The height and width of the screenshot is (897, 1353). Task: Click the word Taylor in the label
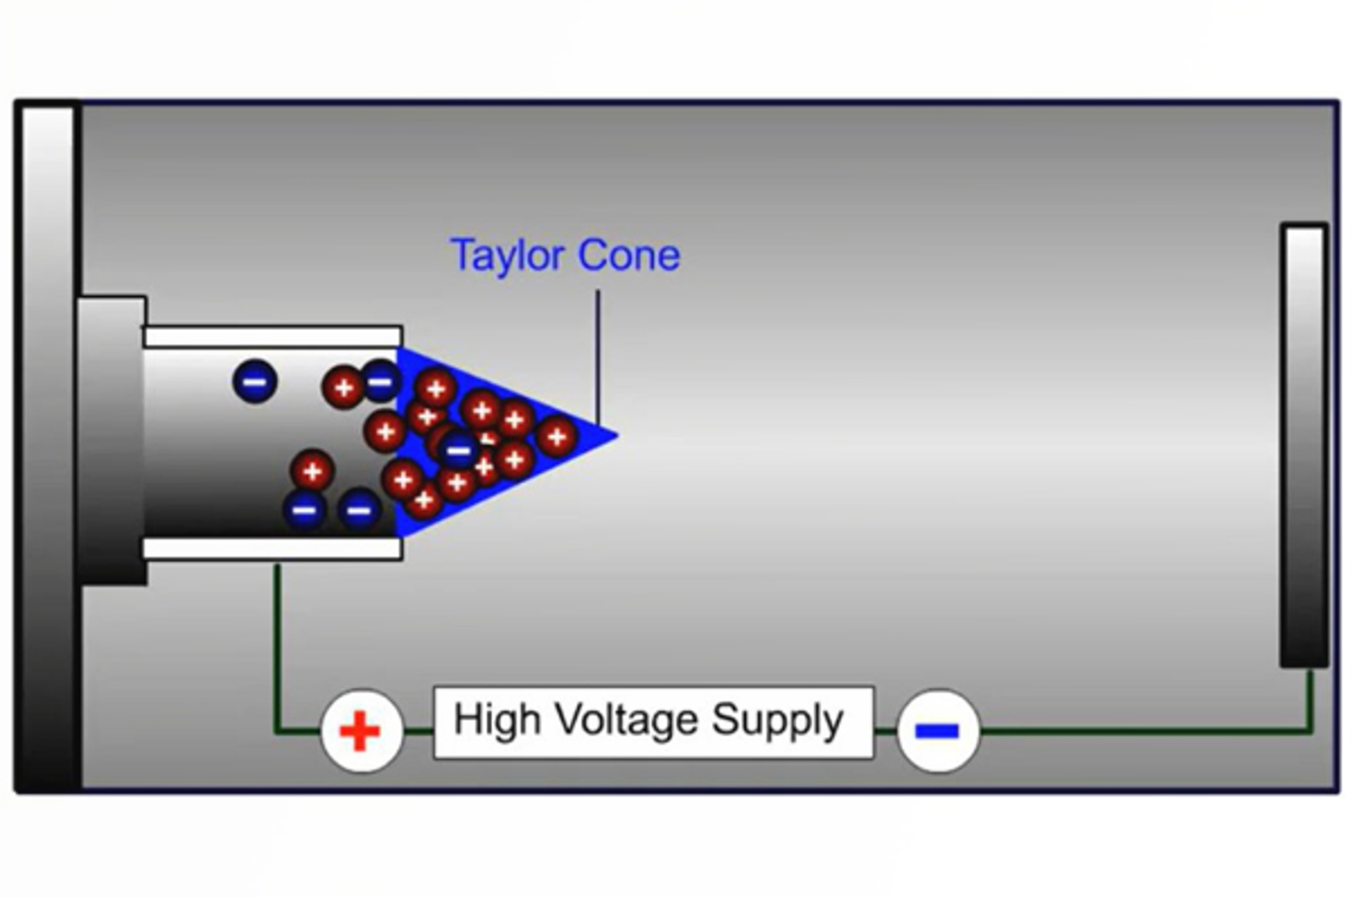[x=507, y=255]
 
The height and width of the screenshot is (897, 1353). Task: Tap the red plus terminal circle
[x=360, y=730]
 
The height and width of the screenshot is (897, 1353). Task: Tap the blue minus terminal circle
[x=937, y=730]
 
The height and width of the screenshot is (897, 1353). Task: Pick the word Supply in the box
[x=776, y=722]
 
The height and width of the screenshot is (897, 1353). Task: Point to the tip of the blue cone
[x=614, y=436]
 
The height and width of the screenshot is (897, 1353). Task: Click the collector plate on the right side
[x=1304, y=444]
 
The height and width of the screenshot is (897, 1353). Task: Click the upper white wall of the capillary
[x=272, y=336]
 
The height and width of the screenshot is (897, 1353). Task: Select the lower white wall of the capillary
[x=272, y=549]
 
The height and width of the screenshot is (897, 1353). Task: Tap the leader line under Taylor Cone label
[x=598, y=355]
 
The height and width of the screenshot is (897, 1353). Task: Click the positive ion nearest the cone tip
[x=556, y=437]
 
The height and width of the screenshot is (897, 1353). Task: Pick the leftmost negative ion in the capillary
[x=255, y=381]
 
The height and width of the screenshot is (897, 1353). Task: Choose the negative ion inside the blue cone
[x=458, y=449]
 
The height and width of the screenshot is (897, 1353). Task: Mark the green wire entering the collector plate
[x=1310, y=698]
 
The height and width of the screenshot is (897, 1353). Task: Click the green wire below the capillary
[x=277, y=643]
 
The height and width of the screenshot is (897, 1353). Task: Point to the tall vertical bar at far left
[x=47, y=446]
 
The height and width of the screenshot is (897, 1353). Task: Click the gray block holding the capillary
[x=111, y=440]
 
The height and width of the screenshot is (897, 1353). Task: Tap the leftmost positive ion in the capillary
[x=312, y=471]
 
